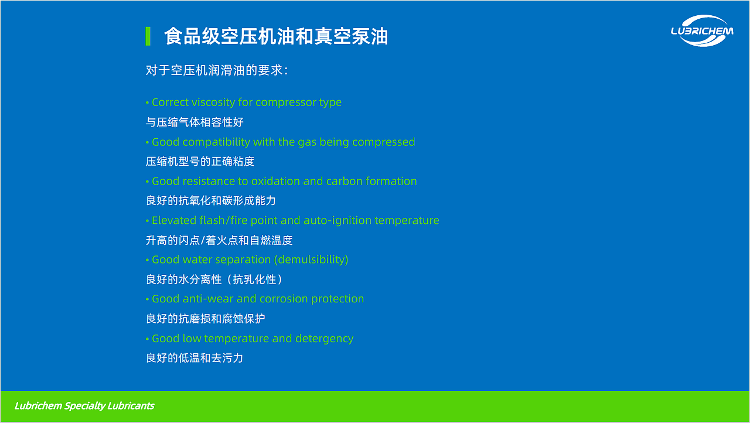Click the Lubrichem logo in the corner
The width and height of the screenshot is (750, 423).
(x=701, y=30)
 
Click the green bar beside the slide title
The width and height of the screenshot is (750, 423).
(x=148, y=36)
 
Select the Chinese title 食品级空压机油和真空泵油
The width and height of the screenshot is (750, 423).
(x=276, y=36)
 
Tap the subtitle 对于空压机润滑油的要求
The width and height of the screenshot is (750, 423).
(x=216, y=70)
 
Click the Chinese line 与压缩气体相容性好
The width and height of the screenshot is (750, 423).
(x=195, y=122)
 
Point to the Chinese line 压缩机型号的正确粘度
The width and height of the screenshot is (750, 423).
(x=200, y=161)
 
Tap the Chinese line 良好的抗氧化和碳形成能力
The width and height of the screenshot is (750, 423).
(x=210, y=200)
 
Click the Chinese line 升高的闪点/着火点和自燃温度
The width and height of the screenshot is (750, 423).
(x=219, y=240)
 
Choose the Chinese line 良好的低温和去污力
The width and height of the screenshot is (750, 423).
(x=195, y=357)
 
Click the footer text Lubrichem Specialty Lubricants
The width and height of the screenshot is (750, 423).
(x=84, y=406)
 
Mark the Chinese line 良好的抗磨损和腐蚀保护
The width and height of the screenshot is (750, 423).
(x=205, y=319)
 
